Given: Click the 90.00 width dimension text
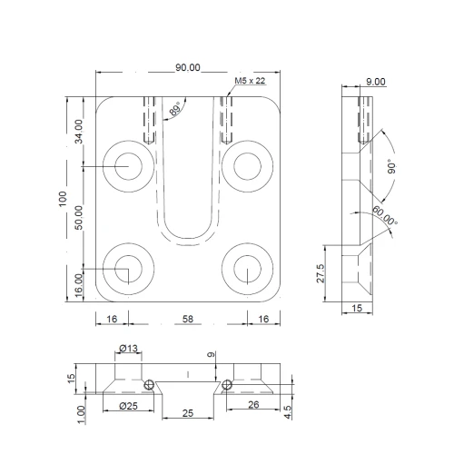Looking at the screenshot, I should click(187, 68).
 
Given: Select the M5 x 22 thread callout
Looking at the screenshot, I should click(250, 81).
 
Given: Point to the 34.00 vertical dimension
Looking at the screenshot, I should click(79, 131).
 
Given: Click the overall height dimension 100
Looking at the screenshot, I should click(61, 199).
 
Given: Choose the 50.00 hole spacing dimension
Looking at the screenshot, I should click(79, 218).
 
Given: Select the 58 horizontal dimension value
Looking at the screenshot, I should click(188, 320).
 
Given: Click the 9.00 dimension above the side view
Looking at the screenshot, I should click(375, 82).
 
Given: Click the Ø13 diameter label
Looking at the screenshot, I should click(129, 349).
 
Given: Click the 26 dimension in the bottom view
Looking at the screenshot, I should click(253, 405).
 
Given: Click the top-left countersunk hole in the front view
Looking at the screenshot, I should click(127, 166).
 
